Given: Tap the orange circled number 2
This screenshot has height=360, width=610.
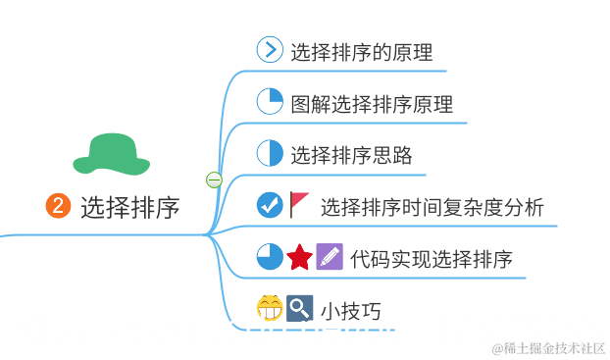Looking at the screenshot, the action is (59, 206).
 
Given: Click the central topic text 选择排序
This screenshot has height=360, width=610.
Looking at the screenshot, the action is (129, 207).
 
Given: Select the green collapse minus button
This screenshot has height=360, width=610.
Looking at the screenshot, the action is (214, 180).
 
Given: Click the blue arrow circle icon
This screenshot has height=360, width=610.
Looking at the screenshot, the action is (270, 50).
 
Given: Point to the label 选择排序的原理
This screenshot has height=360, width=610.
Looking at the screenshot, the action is (361, 52).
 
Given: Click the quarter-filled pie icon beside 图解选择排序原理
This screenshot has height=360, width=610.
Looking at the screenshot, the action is (270, 102).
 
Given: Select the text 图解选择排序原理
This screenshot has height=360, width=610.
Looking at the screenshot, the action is (371, 104).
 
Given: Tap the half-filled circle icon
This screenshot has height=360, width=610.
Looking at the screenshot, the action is (270, 154).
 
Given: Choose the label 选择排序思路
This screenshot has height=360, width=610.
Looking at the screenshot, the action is (350, 155).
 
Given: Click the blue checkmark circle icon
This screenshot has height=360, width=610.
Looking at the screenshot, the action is (270, 205).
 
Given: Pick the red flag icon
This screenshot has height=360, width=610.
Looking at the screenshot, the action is (300, 204).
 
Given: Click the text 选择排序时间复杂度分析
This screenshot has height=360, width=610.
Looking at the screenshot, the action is (432, 207).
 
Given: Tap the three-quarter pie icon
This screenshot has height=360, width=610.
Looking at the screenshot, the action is (270, 257).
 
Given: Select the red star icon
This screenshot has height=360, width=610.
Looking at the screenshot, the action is (300, 258).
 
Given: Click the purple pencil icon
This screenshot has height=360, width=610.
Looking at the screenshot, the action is (330, 257).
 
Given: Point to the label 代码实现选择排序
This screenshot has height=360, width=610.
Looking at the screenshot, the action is (431, 259).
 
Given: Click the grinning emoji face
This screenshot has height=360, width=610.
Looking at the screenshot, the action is (270, 309).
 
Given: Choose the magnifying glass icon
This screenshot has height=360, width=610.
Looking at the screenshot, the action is (299, 309).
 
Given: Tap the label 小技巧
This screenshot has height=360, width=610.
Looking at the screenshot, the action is (350, 311).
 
